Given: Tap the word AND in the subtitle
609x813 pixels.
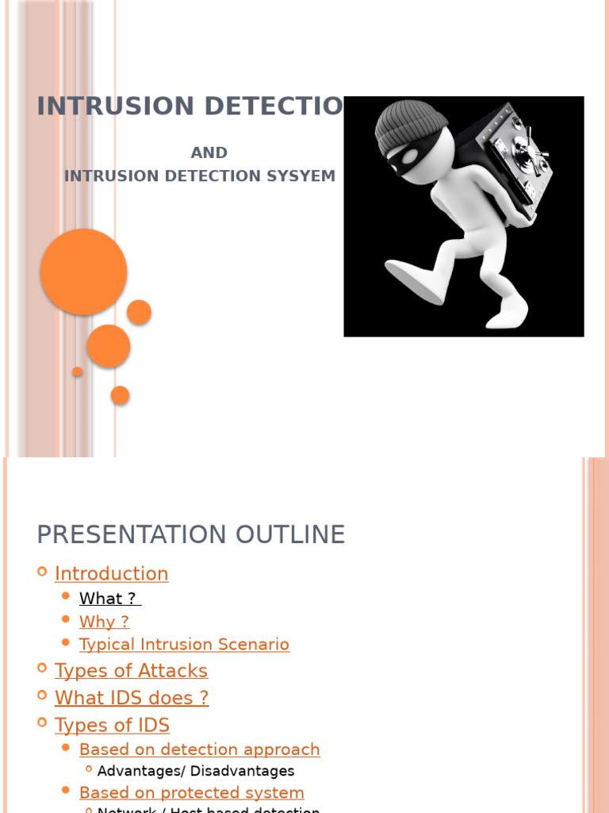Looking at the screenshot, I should (x=209, y=152).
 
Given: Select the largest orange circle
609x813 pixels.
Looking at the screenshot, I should (x=83, y=272).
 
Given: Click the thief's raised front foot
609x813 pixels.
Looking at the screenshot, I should (x=416, y=279).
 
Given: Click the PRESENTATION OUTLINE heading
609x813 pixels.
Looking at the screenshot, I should (x=191, y=534).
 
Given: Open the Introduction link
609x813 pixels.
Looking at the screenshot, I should (x=111, y=573).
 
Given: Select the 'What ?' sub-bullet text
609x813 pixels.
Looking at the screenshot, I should (x=109, y=599).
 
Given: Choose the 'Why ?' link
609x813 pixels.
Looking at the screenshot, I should (x=104, y=622).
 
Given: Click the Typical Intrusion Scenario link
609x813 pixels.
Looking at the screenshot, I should (x=184, y=645).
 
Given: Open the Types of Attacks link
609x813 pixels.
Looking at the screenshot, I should (x=131, y=671).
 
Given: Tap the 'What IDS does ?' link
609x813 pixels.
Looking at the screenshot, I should (x=132, y=698).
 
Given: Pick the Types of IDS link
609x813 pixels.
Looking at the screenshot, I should (x=112, y=725).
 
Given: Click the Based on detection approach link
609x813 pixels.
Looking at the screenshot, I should (x=199, y=749).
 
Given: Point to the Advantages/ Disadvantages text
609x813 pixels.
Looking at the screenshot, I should (x=196, y=771).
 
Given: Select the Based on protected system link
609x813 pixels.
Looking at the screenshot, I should (x=191, y=792).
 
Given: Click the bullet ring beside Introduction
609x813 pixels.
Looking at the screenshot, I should (x=42, y=572).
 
